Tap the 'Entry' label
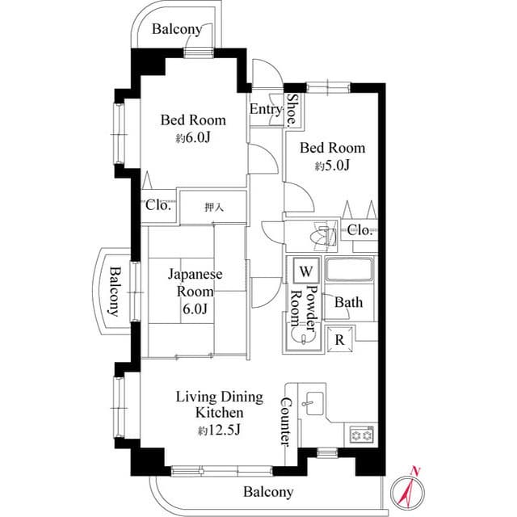point(266,110)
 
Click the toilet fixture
point(324,237)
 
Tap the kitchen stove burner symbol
point(360,435)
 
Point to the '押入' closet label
point(213,208)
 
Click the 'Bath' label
point(349,303)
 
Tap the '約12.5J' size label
point(220,431)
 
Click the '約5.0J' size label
point(332,166)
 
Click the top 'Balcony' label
point(177,29)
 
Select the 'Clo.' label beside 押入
point(158,205)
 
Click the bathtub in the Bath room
point(349,271)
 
